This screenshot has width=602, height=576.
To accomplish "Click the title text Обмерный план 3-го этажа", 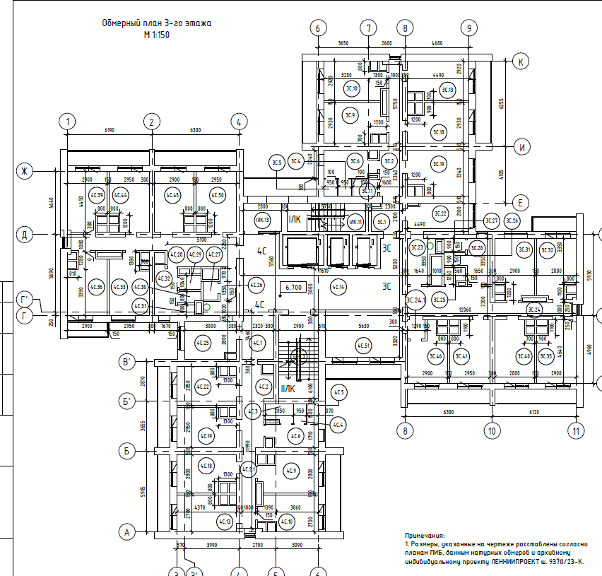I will (x=156, y=23).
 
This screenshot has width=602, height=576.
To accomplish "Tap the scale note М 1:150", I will (x=156, y=34).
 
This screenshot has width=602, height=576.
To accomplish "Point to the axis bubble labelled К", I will (x=521, y=61).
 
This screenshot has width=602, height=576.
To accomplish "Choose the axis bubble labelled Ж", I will (x=25, y=171).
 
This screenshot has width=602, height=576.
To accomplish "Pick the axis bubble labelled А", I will (x=127, y=531).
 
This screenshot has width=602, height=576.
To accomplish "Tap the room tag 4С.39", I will (x=97, y=195).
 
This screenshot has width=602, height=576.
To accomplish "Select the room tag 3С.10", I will (x=351, y=88).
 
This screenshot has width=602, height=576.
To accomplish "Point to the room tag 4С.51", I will (x=363, y=346).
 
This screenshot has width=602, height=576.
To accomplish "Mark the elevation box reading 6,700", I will (x=294, y=288).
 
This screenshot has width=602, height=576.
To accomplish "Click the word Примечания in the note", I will (x=425, y=536).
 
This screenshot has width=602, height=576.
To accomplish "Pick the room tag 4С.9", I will (x=292, y=471).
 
